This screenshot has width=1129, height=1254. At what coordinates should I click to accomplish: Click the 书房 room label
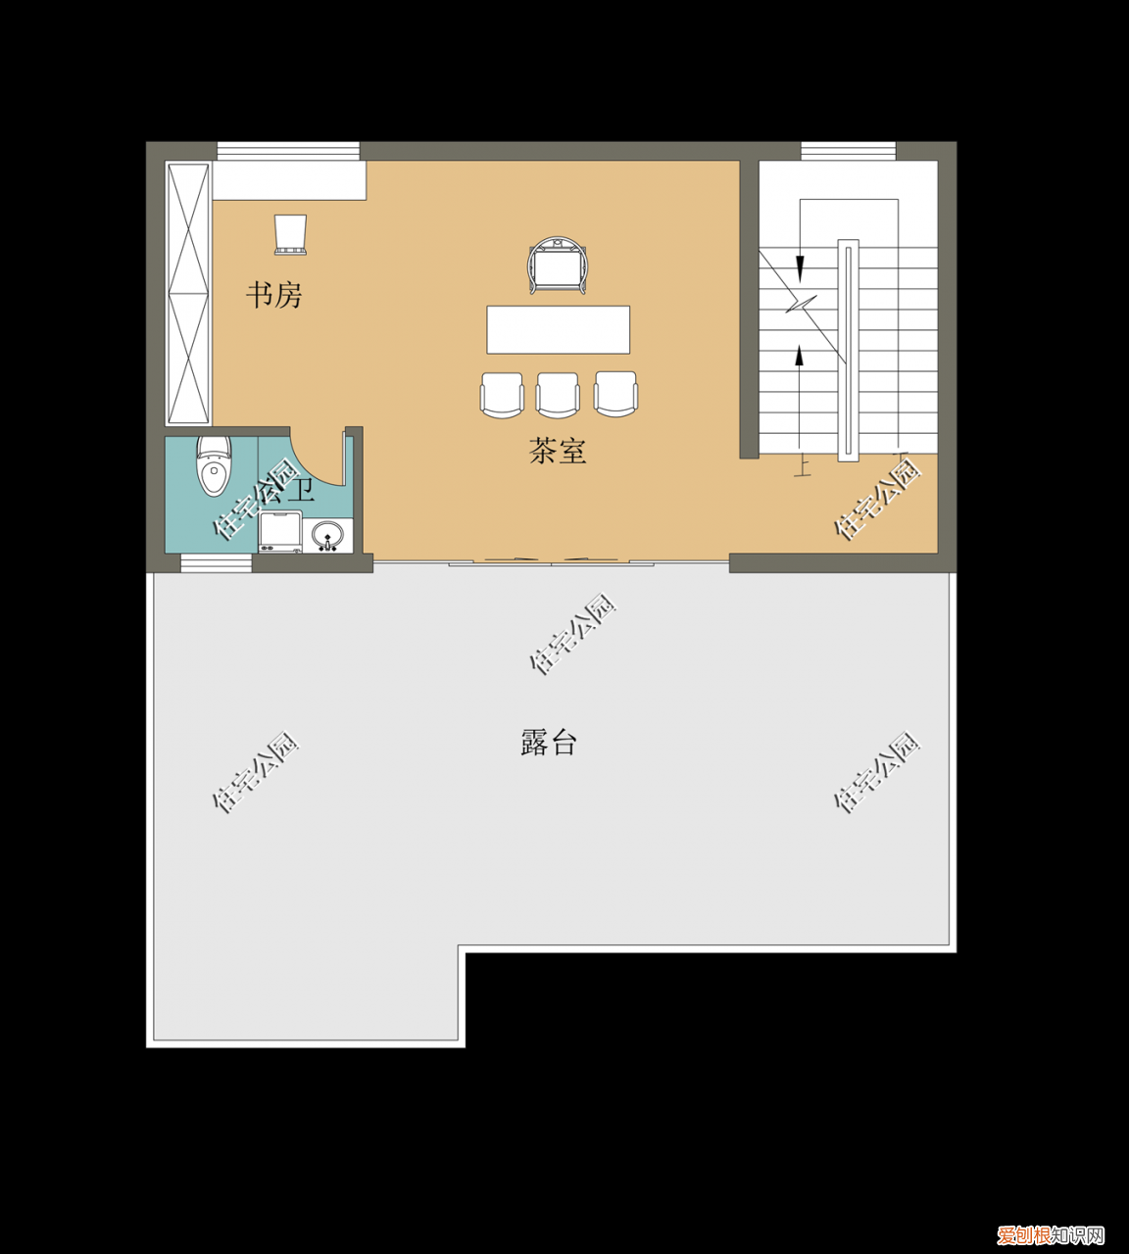coord(273,294)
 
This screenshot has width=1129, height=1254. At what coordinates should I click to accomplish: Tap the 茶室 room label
coord(558,451)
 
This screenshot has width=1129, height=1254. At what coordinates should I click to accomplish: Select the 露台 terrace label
coord(548,743)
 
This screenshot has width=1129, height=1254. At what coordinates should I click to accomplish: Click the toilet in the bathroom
coord(214,466)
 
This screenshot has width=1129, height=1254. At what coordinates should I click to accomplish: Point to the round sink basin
coord(327,535)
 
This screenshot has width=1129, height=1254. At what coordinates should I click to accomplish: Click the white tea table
coord(558,329)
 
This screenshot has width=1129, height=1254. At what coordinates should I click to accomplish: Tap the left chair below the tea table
coord(502,395)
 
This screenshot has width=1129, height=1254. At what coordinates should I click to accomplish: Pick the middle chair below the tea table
coord(558,395)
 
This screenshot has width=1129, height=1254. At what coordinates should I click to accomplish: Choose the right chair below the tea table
coord(615,394)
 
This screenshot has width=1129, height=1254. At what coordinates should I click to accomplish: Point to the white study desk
coord(289,180)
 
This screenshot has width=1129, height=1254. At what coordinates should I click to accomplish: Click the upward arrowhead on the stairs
coord(800,357)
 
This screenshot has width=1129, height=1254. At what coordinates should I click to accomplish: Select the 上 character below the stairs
coord(803,467)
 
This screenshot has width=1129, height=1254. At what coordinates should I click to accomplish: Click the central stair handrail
coord(848,350)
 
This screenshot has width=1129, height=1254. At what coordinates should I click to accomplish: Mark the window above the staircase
coord(848,151)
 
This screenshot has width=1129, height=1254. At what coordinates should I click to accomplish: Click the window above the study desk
coord(288,151)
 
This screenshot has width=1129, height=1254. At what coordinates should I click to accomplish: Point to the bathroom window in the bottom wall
coord(216,562)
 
